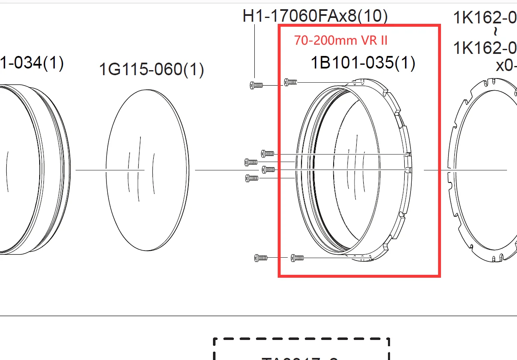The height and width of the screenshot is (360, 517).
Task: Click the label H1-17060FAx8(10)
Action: click(315, 16)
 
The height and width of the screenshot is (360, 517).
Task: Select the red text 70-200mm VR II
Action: click(341, 40)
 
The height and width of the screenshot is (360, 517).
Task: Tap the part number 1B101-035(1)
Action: click(362, 63)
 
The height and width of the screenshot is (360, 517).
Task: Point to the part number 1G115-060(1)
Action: click(151, 69)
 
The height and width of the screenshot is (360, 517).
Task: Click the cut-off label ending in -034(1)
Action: click(32, 63)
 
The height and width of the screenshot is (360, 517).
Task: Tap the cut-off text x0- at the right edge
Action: click(506, 66)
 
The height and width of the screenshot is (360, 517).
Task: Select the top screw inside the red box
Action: click(290, 82)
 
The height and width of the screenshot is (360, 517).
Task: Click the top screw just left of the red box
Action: click(256, 85)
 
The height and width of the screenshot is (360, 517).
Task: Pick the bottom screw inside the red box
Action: click(297, 258)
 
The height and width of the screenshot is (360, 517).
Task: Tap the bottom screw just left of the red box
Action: click(261, 258)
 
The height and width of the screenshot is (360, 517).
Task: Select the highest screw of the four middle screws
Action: click(267, 153)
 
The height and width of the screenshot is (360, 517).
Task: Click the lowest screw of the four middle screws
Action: click(251, 178)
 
